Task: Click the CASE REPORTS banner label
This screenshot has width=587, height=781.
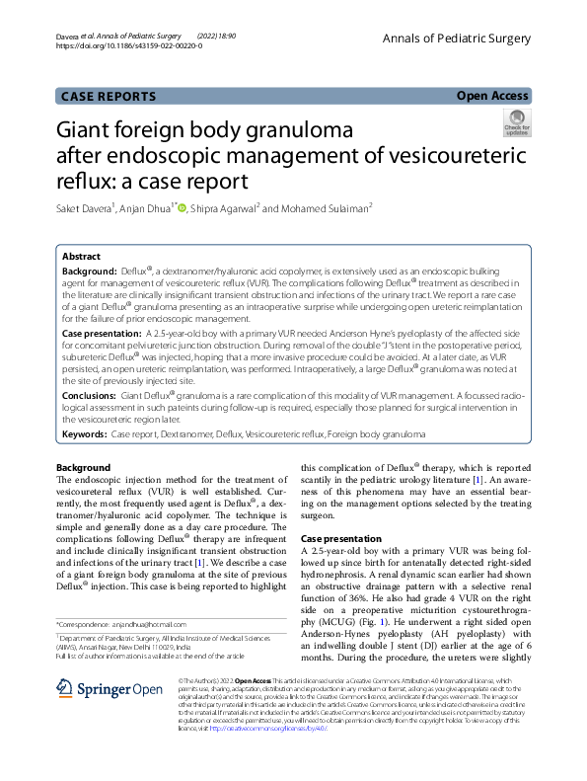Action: (109, 96)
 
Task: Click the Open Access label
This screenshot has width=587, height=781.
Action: (492, 96)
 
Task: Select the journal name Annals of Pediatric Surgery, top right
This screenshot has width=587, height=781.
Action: (462, 38)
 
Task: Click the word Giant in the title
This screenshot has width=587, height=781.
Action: (90, 131)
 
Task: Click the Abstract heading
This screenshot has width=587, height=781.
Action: (82, 255)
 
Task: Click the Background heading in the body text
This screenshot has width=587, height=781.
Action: (83, 467)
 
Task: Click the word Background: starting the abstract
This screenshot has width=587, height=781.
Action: (90, 270)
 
